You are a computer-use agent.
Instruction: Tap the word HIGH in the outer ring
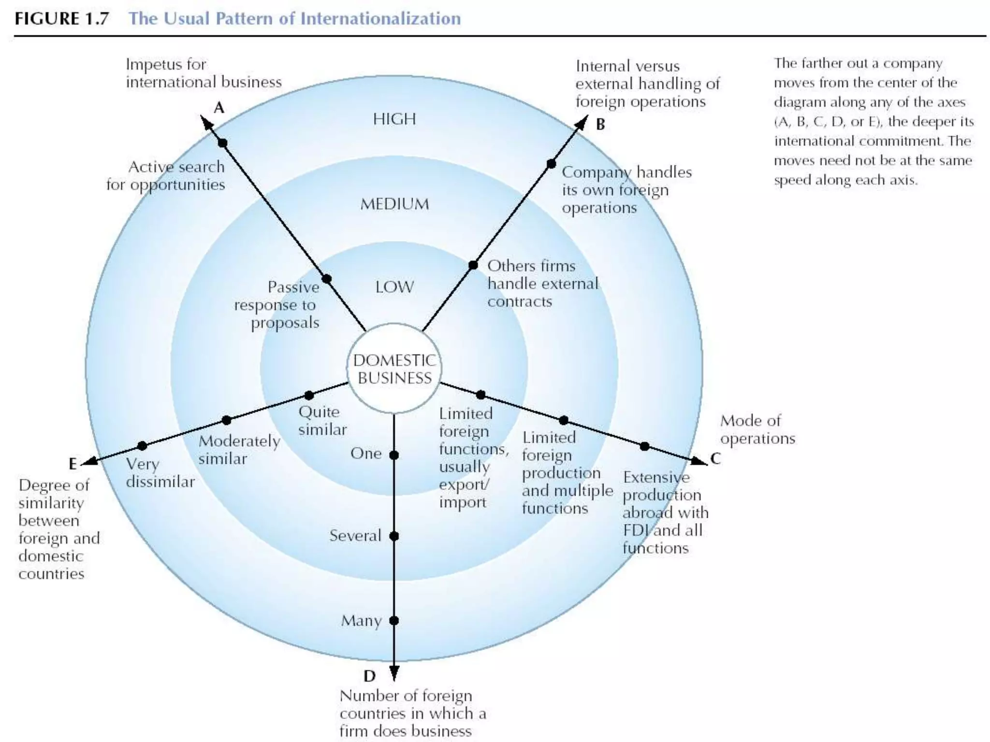(x=394, y=119)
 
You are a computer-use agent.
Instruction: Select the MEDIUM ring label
(x=394, y=204)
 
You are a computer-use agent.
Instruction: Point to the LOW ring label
(x=394, y=287)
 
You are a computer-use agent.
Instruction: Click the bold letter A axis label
(x=219, y=108)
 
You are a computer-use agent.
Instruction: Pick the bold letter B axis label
(x=600, y=125)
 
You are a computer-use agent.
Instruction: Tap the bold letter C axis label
(x=715, y=458)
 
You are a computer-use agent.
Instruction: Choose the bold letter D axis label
(x=369, y=676)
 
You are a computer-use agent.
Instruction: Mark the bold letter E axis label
(x=73, y=464)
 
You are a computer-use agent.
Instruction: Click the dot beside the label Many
(x=394, y=620)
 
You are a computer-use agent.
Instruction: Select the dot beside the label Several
(x=394, y=536)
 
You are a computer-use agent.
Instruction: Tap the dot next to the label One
(x=394, y=455)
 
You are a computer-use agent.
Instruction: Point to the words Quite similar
(x=322, y=421)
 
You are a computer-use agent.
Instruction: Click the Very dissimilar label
(x=160, y=473)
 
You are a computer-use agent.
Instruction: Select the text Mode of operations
(x=757, y=429)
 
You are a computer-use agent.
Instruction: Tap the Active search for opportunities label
(x=166, y=176)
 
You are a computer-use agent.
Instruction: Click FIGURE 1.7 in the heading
(x=61, y=19)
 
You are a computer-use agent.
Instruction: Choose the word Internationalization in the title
(x=380, y=19)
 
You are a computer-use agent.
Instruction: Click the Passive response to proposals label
(x=277, y=305)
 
